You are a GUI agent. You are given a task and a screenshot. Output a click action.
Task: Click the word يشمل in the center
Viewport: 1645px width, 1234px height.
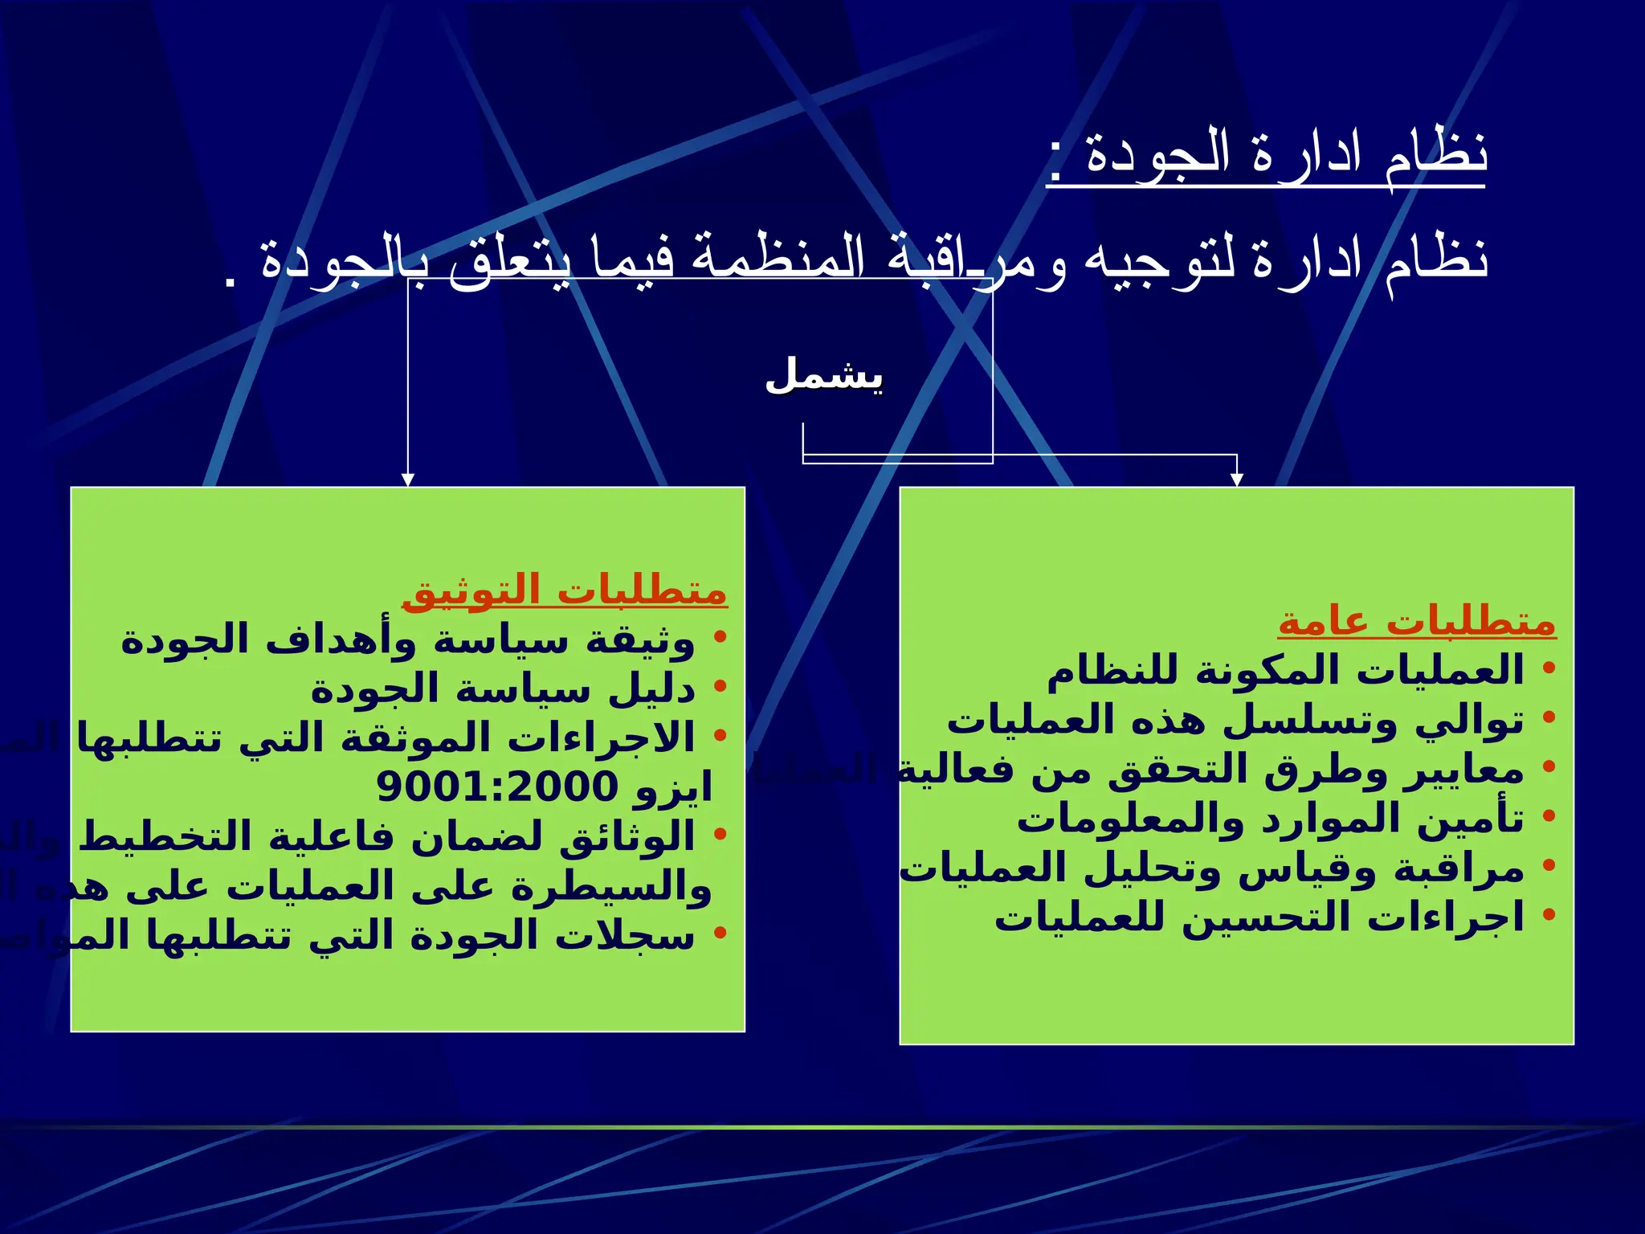click(824, 376)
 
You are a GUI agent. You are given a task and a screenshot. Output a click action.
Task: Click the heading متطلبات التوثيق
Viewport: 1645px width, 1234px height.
click(564, 591)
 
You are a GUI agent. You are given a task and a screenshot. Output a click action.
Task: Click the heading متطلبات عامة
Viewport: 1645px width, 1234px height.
click(1417, 622)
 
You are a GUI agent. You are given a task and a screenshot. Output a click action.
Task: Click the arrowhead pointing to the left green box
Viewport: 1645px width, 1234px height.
click(408, 480)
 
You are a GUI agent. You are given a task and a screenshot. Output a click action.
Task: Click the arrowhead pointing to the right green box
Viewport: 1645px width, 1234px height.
click(1237, 480)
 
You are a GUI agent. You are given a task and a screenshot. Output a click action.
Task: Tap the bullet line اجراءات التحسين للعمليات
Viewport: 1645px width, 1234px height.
click(1259, 917)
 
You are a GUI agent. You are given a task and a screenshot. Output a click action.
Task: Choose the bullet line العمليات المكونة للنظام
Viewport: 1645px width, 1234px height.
click(1284, 670)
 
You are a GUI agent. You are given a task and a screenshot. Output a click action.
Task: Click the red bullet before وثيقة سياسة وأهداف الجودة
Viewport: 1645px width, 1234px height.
click(720, 637)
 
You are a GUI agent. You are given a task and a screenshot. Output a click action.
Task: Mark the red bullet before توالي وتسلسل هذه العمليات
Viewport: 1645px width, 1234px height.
click(1549, 717)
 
